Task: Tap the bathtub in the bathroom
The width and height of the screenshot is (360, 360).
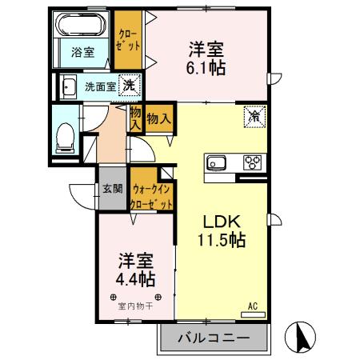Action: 80,26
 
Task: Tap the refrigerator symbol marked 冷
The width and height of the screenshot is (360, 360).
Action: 254,115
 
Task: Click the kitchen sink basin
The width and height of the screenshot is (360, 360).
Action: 217,163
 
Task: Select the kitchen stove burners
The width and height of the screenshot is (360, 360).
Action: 253,162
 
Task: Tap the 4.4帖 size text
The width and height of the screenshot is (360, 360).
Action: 132,280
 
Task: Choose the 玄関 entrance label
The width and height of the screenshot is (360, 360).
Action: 112,190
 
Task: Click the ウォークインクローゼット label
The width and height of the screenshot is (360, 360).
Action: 152,197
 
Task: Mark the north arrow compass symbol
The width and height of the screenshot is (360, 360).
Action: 303,337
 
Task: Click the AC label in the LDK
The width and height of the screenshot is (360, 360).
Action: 252,306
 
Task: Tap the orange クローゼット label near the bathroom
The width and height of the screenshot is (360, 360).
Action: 126,41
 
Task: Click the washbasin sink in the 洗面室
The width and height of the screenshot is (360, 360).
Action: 69,86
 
